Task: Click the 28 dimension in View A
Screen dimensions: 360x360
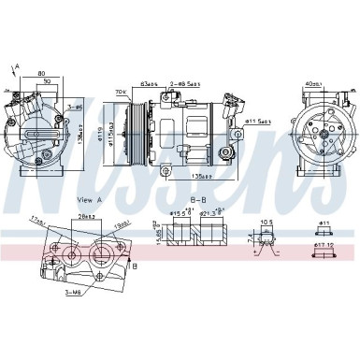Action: click(87, 216)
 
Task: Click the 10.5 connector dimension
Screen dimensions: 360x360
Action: click(266, 223)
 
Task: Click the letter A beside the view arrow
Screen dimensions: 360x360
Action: click(17, 66)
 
